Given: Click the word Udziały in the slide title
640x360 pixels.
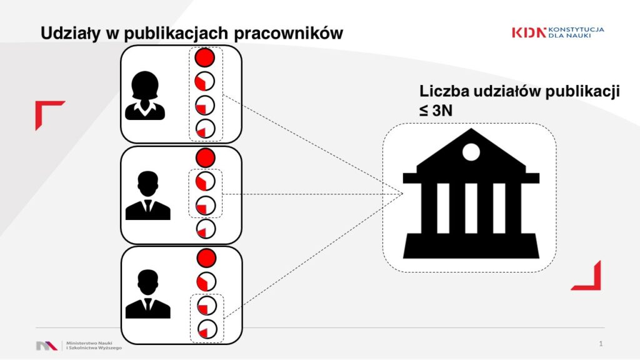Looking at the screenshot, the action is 70,33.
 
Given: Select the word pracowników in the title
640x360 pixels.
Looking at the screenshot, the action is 289,33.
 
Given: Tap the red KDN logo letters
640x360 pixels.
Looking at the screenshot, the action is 529,32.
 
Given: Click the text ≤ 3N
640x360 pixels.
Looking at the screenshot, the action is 436,110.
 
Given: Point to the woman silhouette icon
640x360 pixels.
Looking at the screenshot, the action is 145,96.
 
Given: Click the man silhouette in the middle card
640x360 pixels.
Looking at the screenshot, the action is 147,196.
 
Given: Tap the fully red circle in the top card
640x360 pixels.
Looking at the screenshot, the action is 204,57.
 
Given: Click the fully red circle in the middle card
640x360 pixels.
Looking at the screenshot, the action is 205,157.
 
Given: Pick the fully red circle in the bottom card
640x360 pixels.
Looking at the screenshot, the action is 206,257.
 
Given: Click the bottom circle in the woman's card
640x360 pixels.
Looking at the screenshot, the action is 205,129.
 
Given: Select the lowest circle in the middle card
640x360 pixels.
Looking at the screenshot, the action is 206,229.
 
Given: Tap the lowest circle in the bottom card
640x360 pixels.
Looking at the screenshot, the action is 207,329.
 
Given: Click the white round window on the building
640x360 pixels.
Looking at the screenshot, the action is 471,152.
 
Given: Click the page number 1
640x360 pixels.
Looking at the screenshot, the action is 601,344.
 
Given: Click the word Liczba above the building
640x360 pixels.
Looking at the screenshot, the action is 444,91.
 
